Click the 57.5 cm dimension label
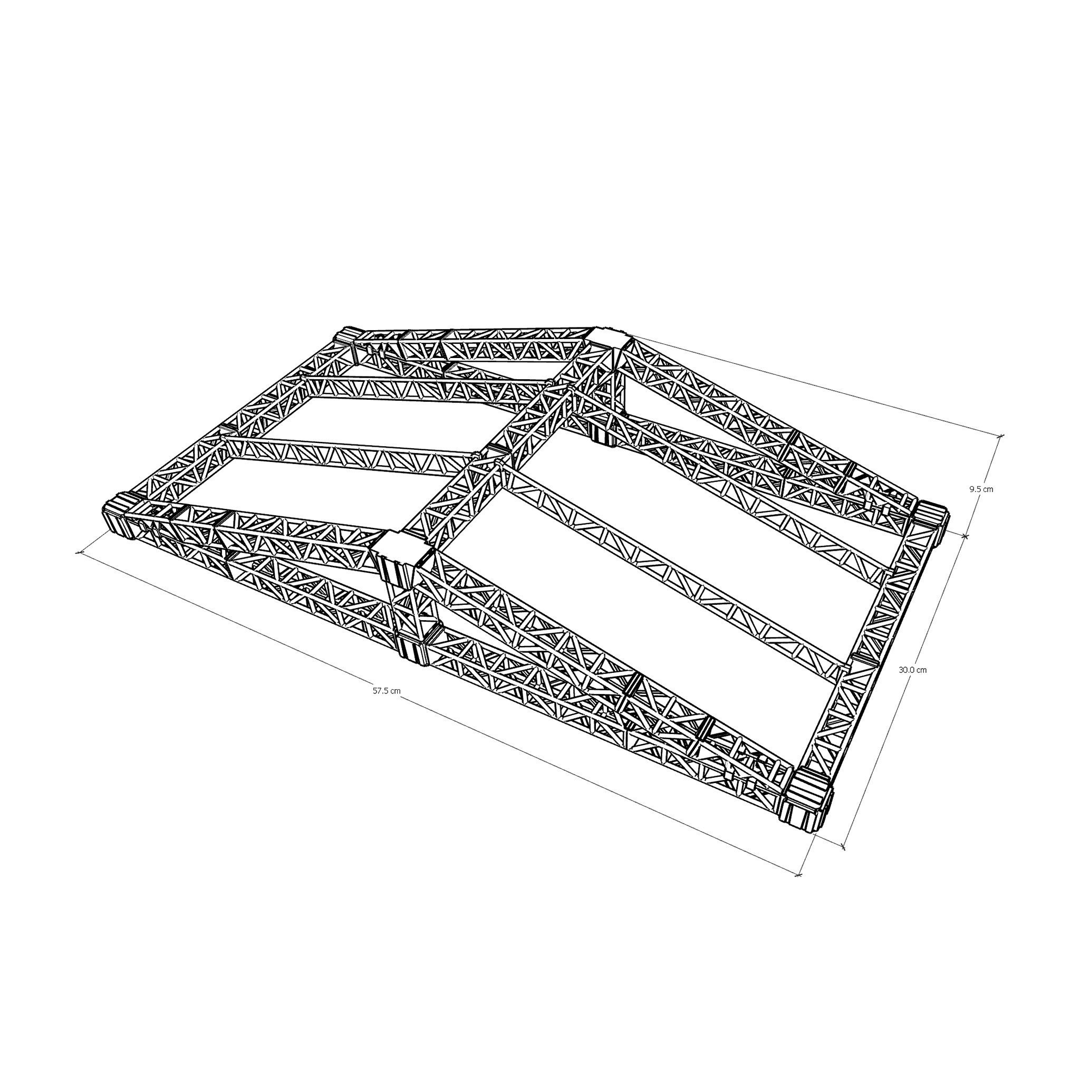point(387,691)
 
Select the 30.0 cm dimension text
point(913,670)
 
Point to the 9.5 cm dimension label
point(981,489)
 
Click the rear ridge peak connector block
point(612,339)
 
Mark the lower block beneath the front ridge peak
point(413,643)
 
